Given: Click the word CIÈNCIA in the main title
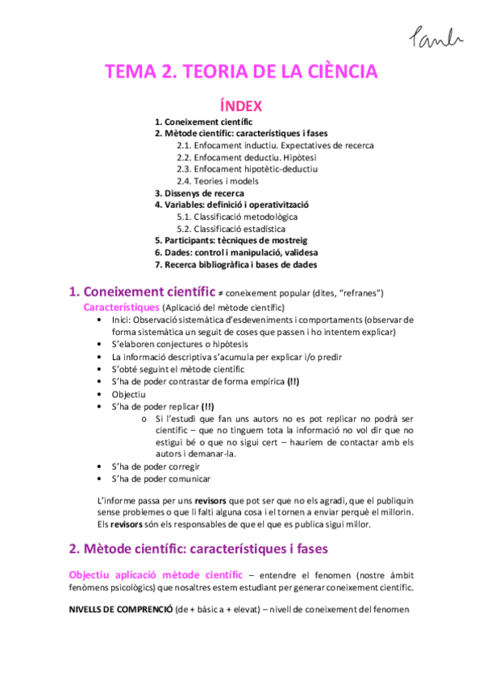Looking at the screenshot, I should point(340,72).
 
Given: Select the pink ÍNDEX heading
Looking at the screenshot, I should point(241,106).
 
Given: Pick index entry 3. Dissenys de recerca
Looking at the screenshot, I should point(199,193).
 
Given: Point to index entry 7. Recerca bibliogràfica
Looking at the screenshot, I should point(235,264).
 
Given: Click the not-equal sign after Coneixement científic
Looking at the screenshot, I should point(221,292).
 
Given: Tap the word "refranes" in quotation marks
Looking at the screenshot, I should point(353,292).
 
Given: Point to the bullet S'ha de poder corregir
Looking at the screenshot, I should point(156,466).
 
